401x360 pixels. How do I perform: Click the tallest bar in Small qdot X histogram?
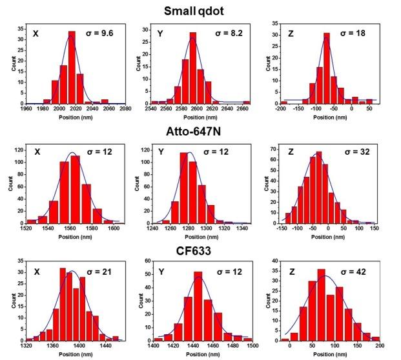tap(72, 68)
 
